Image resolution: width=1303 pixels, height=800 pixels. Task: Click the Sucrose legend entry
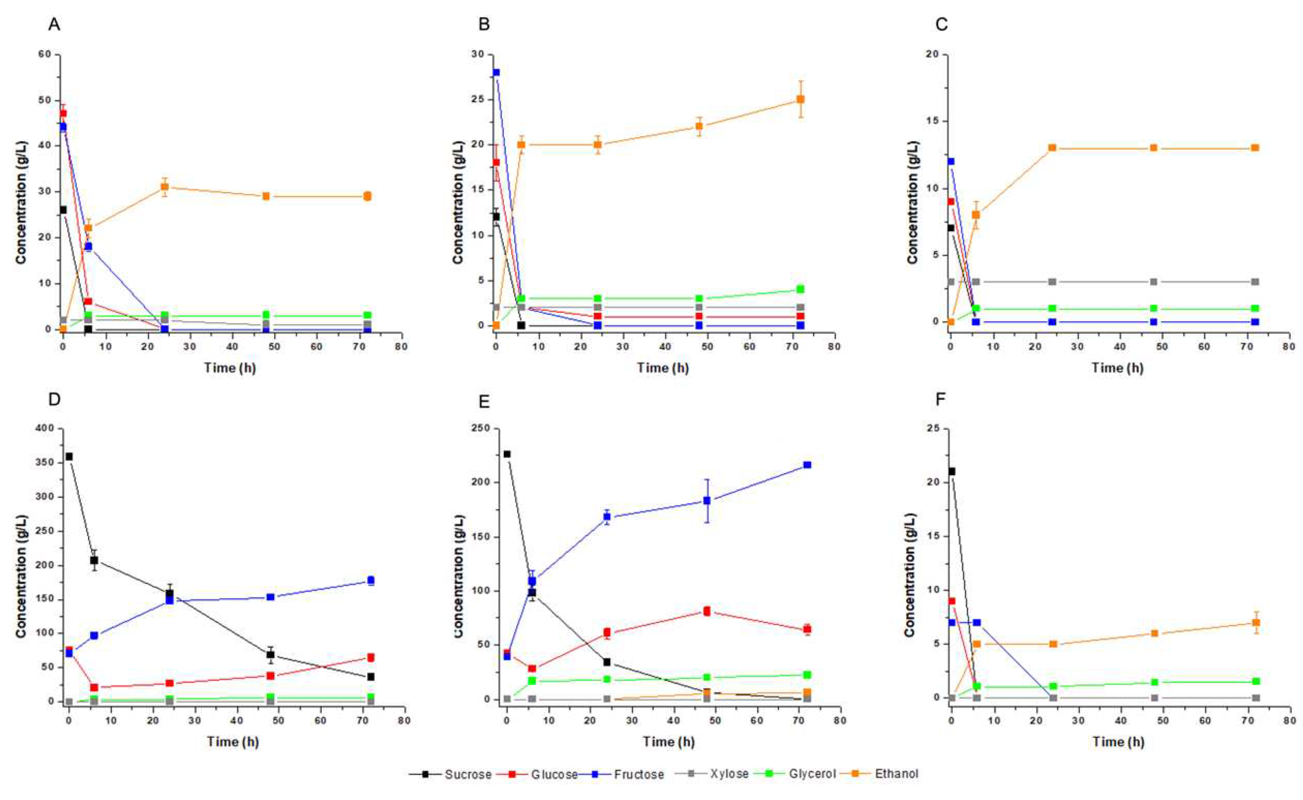467,774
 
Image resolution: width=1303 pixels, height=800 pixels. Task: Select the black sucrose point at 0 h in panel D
69,456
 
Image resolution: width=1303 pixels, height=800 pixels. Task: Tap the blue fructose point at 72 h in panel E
807,464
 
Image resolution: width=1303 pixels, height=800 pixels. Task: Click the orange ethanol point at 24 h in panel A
165,187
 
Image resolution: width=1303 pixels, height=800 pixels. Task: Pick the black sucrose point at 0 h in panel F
951,471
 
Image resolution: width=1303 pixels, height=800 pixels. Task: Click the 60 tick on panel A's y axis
44,54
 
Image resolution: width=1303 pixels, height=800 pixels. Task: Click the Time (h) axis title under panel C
1117,368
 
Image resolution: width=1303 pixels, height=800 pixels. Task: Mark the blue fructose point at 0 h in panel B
496,73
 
